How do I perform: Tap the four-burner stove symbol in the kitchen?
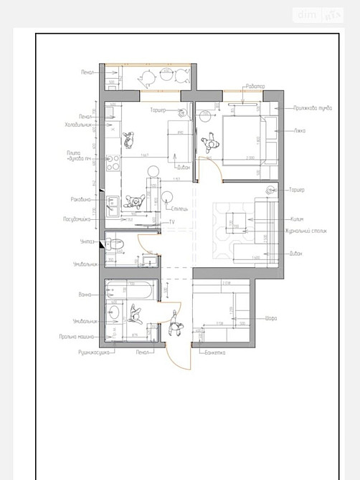pos(112,163)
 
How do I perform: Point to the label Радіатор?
pos(255,86)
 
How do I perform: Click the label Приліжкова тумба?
pos(312,108)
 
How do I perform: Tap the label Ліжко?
pos(300,130)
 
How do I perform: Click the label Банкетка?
pos(215,352)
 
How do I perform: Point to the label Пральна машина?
pos(78,336)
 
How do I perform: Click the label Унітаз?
pos(87,241)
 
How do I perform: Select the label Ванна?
pos(86,294)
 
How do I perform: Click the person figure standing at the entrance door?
pos(175,327)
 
